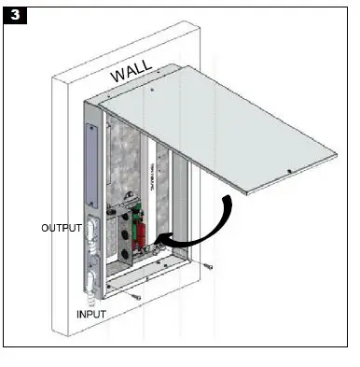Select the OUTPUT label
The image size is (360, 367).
tap(62, 227)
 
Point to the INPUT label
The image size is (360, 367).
tap(97, 314)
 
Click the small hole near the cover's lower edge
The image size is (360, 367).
tap(291, 171)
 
